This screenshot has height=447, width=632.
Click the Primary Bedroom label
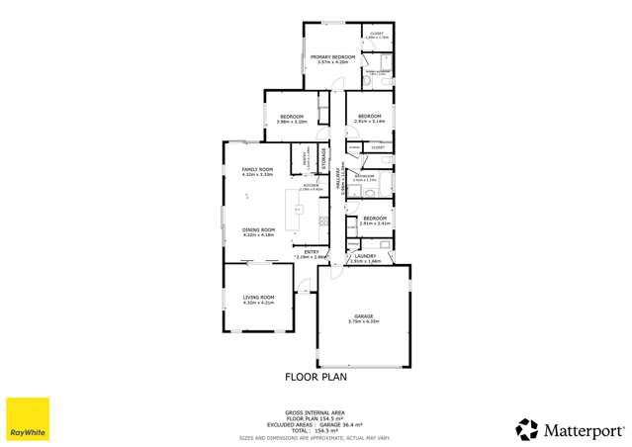[x=332, y=57]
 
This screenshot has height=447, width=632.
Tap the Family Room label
[x=257, y=169]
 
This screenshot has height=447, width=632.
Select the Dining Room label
[x=257, y=229]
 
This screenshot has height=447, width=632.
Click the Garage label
[x=363, y=316]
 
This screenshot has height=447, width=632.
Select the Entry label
[x=311, y=251]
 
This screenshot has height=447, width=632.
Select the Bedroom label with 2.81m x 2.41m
[x=374, y=218]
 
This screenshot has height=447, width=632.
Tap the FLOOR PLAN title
[x=316, y=377]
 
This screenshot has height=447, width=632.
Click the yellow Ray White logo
[x=28, y=419]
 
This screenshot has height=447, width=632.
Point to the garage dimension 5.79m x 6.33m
[x=363, y=322]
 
